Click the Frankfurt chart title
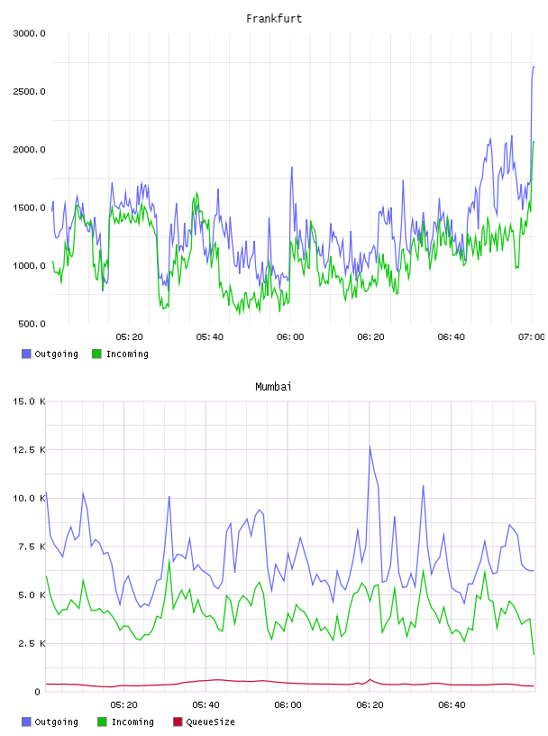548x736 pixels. pyautogui.click(x=274, y=18)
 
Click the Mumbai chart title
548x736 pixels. pyautogui.click(x=273, y=386)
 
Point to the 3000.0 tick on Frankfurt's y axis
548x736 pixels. pyautogui.click(x=29, y=33)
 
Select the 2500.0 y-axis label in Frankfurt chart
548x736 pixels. pyautogui.click(x=29, y=91)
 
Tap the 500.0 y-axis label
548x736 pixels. pyautogui.click(x=32, y=324)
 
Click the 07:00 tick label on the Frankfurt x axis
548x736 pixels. pyautogui.click(x=532, y=337)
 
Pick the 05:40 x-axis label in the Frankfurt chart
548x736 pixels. pyautogui.click(x=210, y=337)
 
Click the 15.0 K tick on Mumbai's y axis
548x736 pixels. pyautogui.click(x=29, y=401)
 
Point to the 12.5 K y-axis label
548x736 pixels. pyautogui.click(x=29, y=450)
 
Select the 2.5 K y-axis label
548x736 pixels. pyautogui.click(x=32, y=643)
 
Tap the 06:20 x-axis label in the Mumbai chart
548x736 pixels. pyautogui.click(x=370, y=705)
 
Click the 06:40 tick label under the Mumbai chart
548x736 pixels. pyautogui.click(x=452, y=705)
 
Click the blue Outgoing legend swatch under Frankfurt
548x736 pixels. pyautogui.click(x=26, y=354)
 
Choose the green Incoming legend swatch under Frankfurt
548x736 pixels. pyautogui.click(x=96, y=354)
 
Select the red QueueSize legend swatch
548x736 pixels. pyautogui.click(x=178, y=722)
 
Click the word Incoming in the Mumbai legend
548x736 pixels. pyautogui.click(x=132, y=722)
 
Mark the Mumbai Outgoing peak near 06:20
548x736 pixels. pyautogui.click(x=370, y=446)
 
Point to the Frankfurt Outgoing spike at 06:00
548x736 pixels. pyautogui.click(x=292, y=168)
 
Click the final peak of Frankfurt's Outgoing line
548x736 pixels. pyautogui.click(x=534, y=67)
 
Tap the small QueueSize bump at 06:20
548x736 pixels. pyautogui.click(x=370, y=679)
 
